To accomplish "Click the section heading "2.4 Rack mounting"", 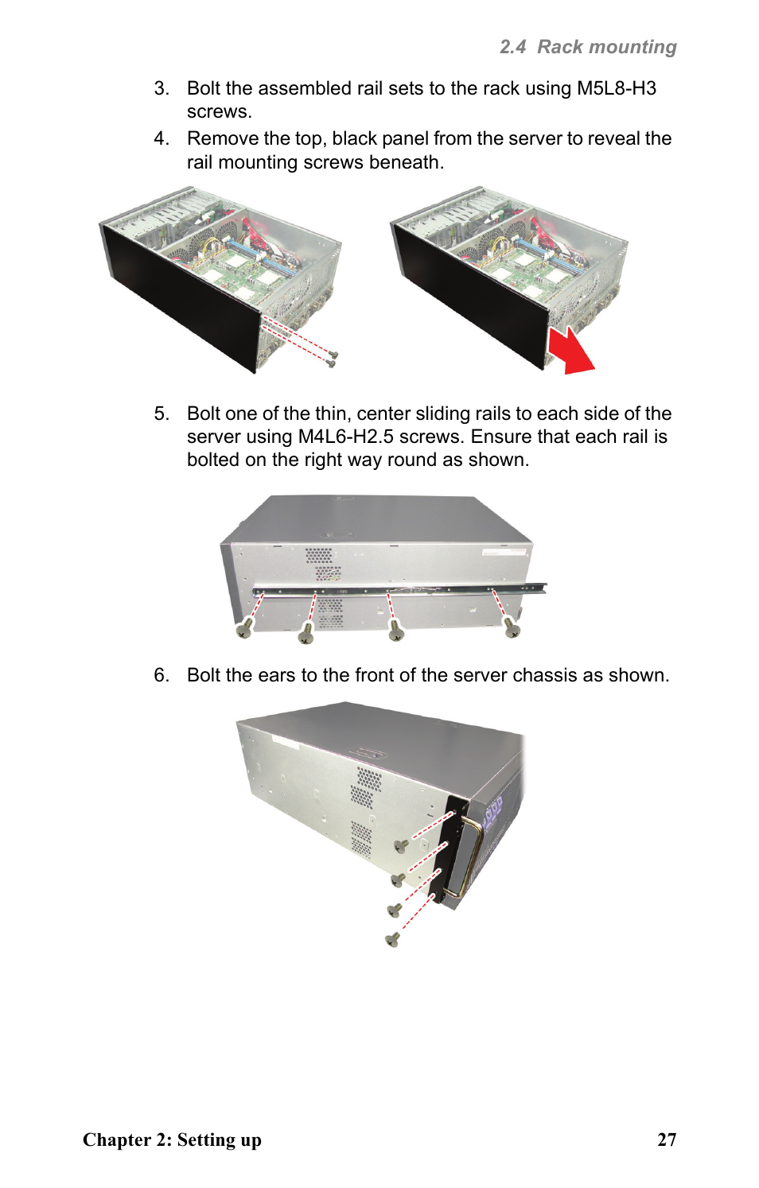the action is point(588,47).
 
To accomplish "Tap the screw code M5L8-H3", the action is point(617,88).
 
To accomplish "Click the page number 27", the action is point(667,1139).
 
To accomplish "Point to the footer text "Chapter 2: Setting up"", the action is point(172,1140).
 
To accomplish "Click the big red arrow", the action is point(571,351).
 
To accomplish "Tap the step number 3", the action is point(162,88).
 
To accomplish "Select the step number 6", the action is point(162,675).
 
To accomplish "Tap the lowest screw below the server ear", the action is point(392,940).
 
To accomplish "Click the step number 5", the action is point(162,413).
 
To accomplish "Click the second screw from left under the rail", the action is point(306,632).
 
